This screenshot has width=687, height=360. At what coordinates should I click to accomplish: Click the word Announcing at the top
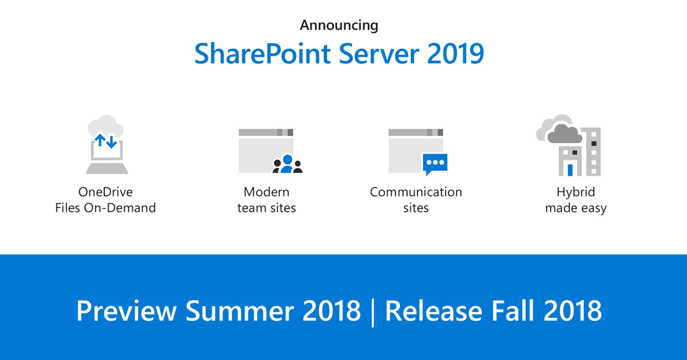339,26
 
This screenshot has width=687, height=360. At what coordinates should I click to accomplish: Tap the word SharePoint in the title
262,54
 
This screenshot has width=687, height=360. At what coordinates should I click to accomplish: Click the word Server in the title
374,54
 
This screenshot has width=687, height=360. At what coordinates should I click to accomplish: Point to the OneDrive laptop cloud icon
106,145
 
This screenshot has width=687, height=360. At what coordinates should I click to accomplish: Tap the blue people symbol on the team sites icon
287,164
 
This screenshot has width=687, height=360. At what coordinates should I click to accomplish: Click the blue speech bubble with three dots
434,164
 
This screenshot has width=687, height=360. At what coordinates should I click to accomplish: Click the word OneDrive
105,192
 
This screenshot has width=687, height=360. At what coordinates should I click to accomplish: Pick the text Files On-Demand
105,208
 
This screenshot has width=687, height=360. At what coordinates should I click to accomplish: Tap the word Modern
267,192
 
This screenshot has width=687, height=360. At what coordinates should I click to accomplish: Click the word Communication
416,192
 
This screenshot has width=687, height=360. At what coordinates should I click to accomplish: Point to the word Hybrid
576,192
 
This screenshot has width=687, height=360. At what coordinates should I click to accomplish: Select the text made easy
576,209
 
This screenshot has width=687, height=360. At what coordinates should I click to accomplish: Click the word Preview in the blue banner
126,311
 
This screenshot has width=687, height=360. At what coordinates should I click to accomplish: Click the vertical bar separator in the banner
373,312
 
